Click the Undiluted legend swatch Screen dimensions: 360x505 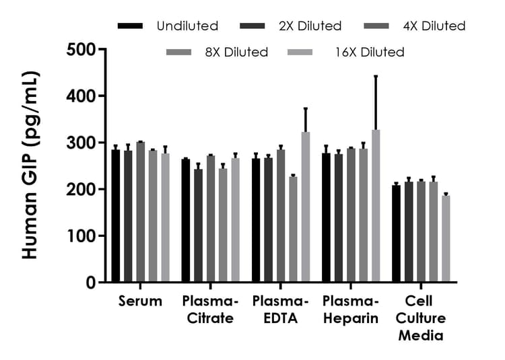click(130, 26)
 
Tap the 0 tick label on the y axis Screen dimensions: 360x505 click(89, 283)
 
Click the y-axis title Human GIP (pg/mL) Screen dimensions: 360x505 click(30, 166)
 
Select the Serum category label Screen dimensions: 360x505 click(140, 301)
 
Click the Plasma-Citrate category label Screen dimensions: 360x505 click(207, 310)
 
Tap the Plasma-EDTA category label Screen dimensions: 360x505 click(279, 310)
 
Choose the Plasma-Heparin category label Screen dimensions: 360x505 click(351, 310)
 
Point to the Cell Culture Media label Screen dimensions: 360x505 click(419, 318)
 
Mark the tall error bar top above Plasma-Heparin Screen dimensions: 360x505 click(376, 76)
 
